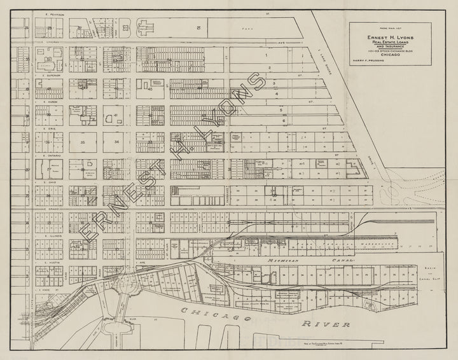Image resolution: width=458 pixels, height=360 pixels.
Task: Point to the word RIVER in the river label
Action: [x=327, y=324]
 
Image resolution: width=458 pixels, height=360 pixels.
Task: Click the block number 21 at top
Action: [x=198, y=27]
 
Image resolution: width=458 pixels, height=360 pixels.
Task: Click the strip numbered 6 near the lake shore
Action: [x=284, y=120]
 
